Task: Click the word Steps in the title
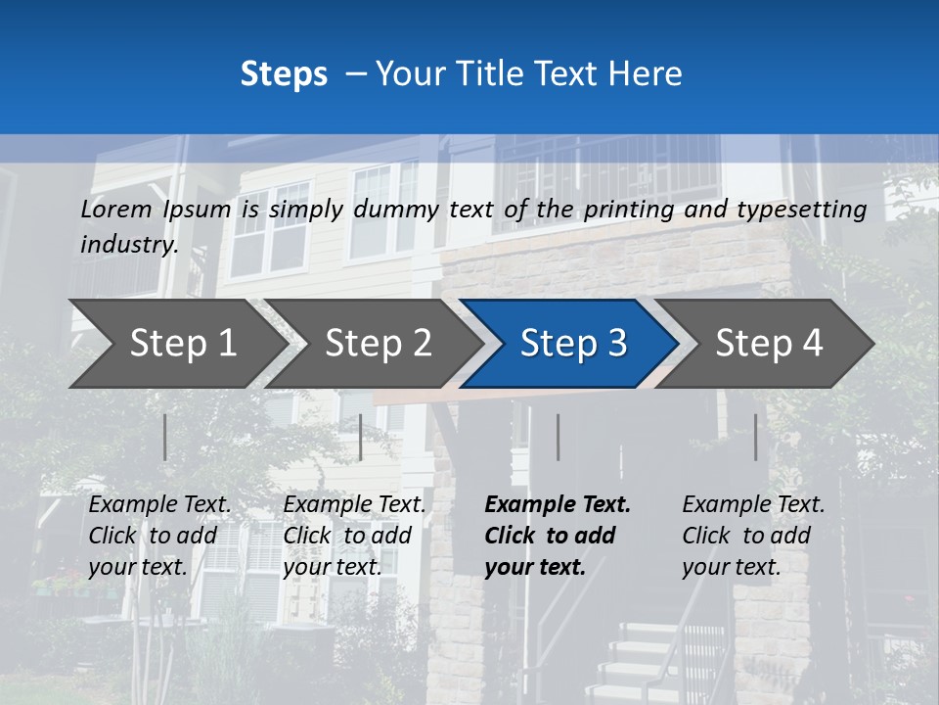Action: click(x=284, y=74)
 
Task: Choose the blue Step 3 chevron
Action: click(x=573, y=344)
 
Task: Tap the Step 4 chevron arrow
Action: click(x=769, y=344)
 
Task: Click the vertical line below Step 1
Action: click(x=165, y=437)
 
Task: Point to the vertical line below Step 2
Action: click(x=361, y=437)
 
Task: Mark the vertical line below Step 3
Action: click(x=558, y=437)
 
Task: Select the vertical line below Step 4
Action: click(x=755, y=437)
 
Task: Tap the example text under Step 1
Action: click(x=159, y=535)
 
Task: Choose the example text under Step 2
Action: click(x=354, y=535)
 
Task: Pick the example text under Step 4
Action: click(x=753, y=535)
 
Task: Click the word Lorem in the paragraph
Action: click(x=116, y=210)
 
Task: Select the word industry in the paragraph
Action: click(x=127, y=245)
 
